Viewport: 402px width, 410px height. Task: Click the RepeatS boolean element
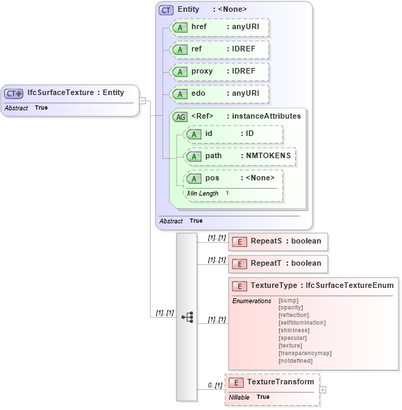[278, 241]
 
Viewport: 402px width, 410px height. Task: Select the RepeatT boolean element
[278, 264]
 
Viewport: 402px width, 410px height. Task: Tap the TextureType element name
[274, 285]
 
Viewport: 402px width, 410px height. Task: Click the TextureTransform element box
[272, 382]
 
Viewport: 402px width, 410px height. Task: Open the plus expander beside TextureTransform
[322, 390]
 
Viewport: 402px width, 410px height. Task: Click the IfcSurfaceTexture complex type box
[72, 93]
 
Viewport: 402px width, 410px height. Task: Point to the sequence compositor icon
[187, 316]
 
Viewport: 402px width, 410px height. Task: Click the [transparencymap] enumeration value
[304, 353]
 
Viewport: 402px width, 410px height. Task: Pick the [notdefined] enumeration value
[295, 361]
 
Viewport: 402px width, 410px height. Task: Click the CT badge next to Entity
[167, 10]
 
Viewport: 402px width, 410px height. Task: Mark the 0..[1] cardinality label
[215, 385]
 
